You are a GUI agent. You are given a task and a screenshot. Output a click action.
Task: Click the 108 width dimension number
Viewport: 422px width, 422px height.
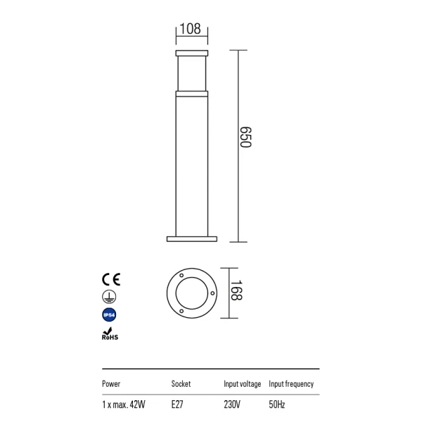click(191, 29)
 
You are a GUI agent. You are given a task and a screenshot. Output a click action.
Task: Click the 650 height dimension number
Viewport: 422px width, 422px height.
click(245, 138)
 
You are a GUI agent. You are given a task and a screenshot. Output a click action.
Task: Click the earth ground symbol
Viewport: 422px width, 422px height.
click(110, 297)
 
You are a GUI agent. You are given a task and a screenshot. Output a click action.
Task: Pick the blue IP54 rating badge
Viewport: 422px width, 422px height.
click(110, 316)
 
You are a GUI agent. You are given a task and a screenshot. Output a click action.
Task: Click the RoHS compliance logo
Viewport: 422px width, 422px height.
click(110, 334)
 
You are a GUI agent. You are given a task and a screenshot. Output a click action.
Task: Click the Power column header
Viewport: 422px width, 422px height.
click(111, 384)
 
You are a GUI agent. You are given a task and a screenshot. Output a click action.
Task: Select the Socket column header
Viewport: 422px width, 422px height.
click(181, 384)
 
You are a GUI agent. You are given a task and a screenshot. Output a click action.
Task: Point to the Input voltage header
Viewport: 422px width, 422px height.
click(242, 384)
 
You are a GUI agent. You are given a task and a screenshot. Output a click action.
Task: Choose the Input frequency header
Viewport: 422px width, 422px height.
click(291, 384)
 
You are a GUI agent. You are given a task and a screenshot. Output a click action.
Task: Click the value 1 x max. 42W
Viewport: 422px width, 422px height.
click(124, 404)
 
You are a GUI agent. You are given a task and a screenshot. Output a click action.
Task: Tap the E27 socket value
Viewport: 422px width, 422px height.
click(178, 404)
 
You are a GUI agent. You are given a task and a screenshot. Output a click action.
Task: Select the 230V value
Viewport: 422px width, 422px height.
click(233, 404)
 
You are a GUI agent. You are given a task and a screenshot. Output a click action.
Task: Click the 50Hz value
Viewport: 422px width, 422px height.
click(277, 404)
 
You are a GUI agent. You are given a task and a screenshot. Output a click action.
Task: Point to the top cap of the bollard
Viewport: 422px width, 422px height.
click(192, 53)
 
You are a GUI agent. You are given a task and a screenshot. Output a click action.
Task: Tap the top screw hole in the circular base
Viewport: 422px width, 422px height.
click(182, 273)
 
